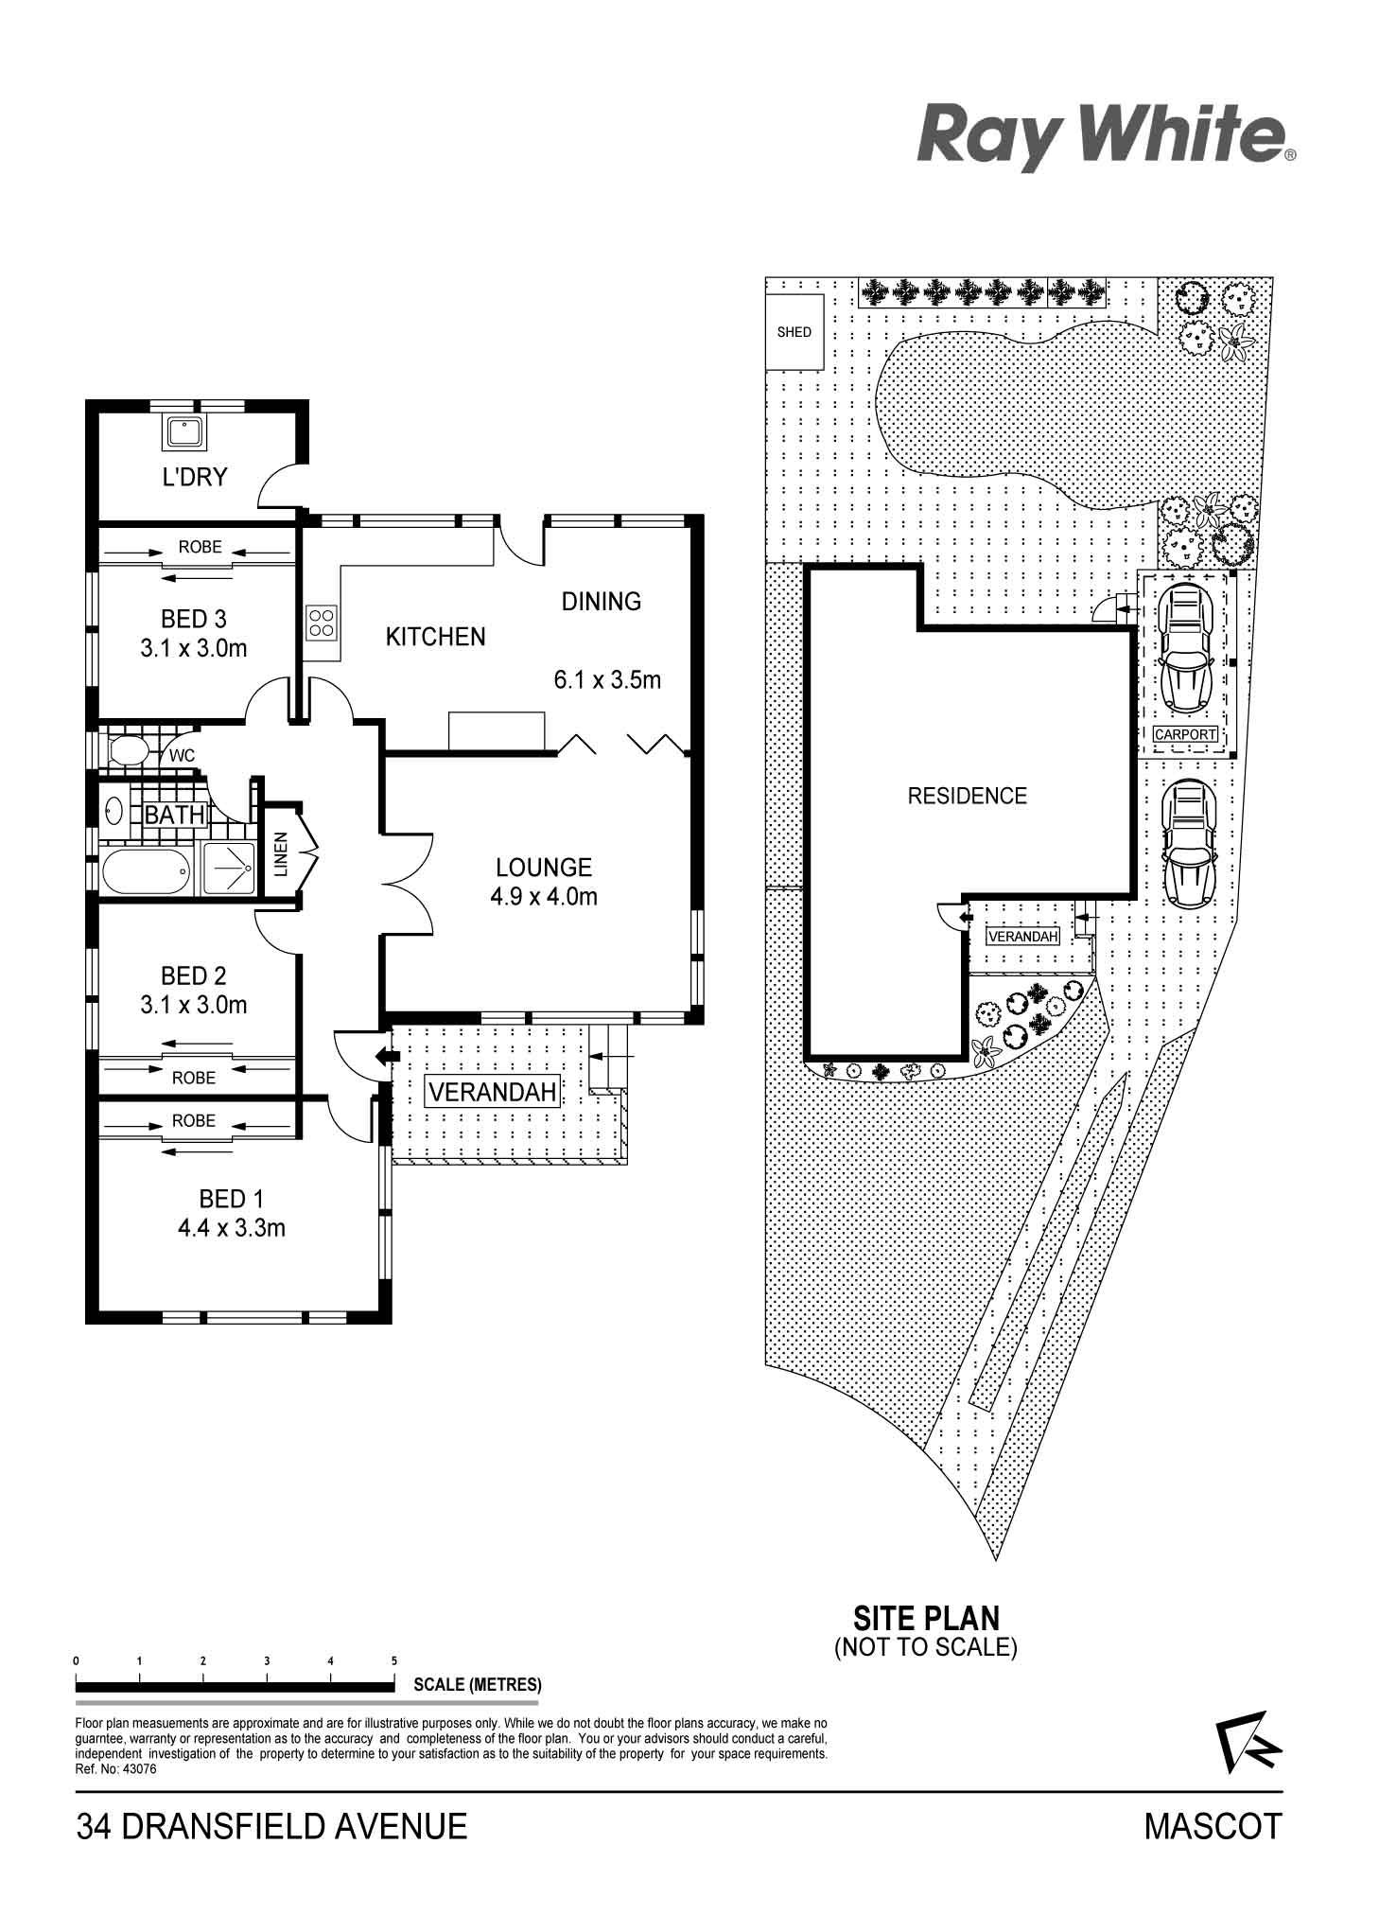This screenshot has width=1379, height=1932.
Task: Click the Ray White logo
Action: (x=1106, y=139)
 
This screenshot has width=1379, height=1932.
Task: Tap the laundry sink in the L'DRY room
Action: (x=183, y=432)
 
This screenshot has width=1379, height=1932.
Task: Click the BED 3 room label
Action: (x=194, y=619)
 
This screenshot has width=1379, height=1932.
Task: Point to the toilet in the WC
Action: (x=129, y=753)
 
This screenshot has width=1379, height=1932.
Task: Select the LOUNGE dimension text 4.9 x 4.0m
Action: (x=544, y=896)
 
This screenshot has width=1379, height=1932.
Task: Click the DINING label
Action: (x=602, y=601)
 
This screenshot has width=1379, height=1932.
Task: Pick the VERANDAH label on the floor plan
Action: (x=492, y=1092)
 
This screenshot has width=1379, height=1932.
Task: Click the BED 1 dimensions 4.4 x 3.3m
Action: (x=232, y=1228)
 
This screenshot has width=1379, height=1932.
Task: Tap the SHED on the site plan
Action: (x=794, y=332)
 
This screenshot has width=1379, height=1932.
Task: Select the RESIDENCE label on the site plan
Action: (x=967, y=796)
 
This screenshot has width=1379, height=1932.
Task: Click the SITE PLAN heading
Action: (x=926, y=1617)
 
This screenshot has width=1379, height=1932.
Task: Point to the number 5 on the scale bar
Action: (x=394, y=1660)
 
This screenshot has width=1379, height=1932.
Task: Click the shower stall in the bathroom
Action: (x=227, y=869)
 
